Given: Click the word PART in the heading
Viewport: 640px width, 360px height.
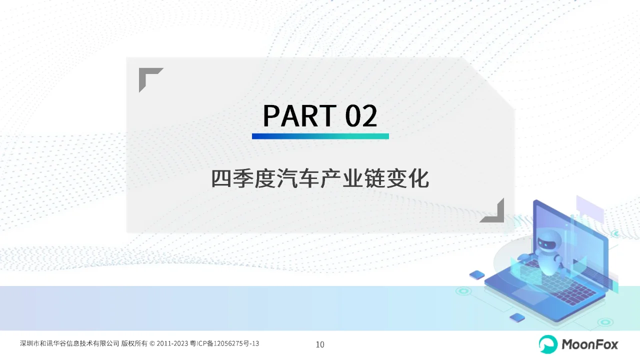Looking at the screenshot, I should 299,115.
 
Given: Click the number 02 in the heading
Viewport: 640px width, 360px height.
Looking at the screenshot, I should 361,115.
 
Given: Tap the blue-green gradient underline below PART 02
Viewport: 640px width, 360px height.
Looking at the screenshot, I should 320,136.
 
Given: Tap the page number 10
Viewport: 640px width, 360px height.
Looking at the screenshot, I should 320,344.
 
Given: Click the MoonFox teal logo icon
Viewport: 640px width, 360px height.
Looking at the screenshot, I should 548,344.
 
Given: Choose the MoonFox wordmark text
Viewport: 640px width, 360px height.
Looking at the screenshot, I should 590,344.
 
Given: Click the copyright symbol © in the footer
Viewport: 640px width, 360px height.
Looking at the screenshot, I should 152,343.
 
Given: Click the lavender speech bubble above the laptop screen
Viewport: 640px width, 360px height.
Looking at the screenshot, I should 590,209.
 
